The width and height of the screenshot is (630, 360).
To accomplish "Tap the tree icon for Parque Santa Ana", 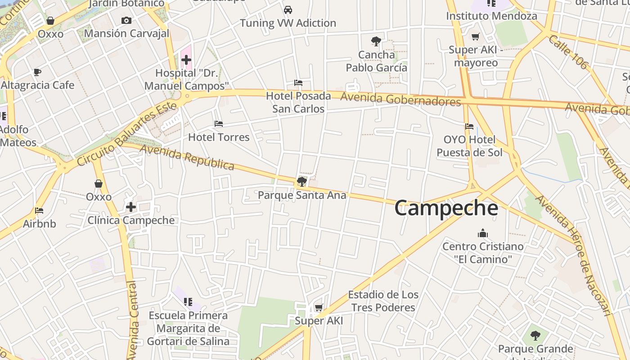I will [301, 181].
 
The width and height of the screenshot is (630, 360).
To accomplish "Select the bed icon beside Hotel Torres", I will [219, 124].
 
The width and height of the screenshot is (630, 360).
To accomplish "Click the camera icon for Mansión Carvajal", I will [126, 20].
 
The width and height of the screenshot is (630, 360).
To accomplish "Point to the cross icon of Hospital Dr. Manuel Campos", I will [186, 60].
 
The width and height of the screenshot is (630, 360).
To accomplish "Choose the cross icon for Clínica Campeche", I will [131, 207].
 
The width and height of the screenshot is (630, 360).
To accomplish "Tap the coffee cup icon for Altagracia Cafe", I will [37, 72].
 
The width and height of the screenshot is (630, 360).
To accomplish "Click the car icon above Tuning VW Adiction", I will [288, 9].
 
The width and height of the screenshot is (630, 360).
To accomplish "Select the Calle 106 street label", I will [568, 52].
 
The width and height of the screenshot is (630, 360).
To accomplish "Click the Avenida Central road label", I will [132, 319].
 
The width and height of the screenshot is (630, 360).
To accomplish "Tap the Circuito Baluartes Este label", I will [126, 134].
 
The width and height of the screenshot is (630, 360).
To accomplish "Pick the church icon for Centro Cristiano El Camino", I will [483, 233].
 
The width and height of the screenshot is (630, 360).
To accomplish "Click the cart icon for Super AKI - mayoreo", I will [475, 36].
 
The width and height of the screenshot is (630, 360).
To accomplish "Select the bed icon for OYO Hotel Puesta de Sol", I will [469, 126].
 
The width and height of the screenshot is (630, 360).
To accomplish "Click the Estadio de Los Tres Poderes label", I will [383, 301].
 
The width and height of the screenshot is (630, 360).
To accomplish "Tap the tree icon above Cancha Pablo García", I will [376, 41].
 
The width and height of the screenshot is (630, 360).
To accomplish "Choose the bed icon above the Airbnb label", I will [39, 211].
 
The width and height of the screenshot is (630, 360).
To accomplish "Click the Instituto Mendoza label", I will [491, 16].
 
